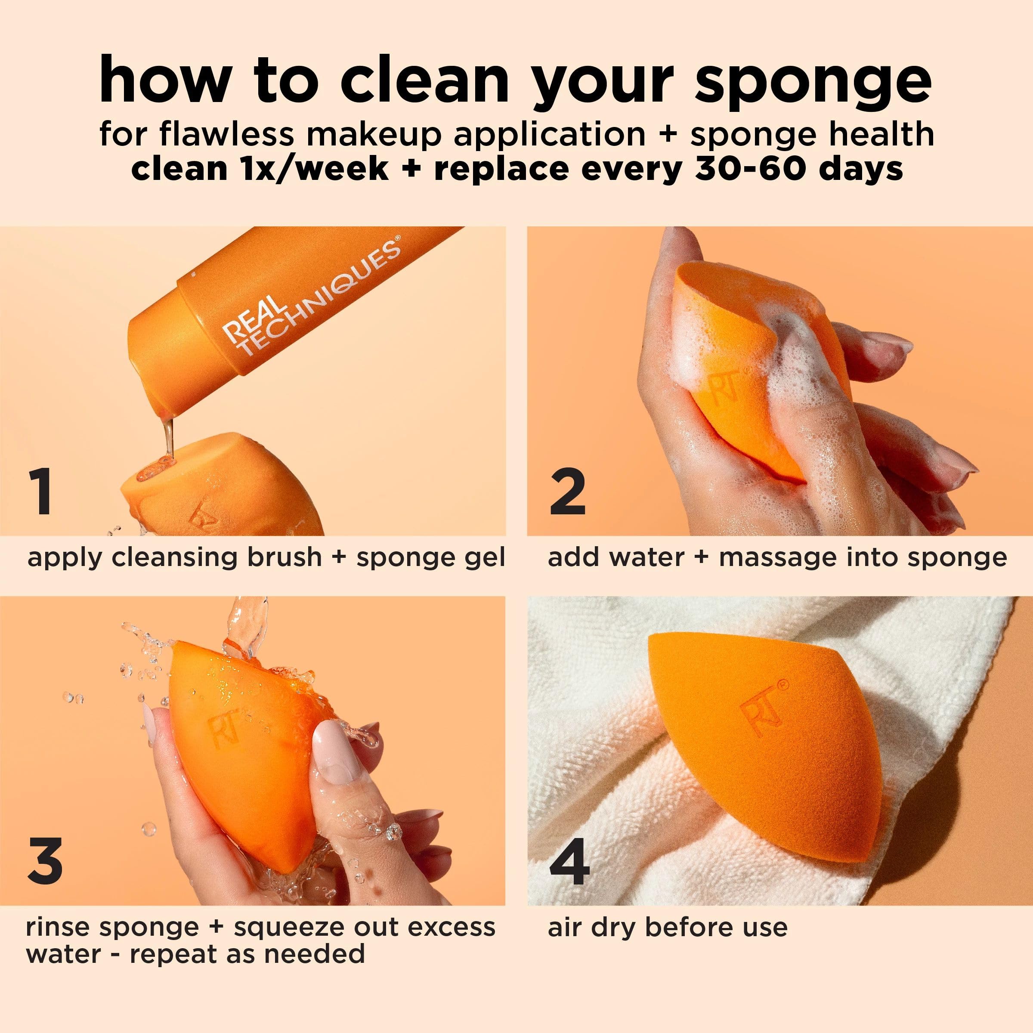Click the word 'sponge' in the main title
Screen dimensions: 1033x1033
pos(813,80)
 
